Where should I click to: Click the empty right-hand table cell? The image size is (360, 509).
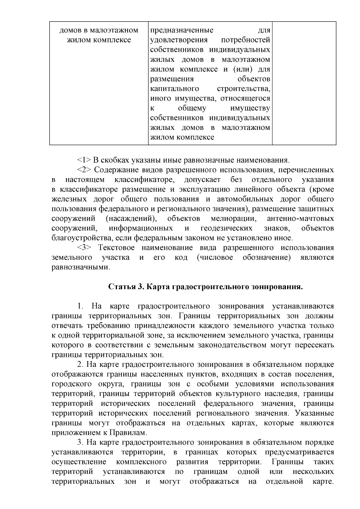pyautogui.click(x=304, y=83)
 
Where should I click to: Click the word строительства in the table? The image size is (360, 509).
pyautogui.click(x=243, y=89)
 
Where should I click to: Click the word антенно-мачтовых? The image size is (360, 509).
pyautogui.click(x=300, y=219)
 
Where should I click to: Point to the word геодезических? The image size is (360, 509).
pyautogui.click(x=226, y=228)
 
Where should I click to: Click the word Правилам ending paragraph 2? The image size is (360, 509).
pyautogui.click(x=132, y=433)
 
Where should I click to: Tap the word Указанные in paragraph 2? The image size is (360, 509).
pyautogui.click(x=314, y=413)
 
